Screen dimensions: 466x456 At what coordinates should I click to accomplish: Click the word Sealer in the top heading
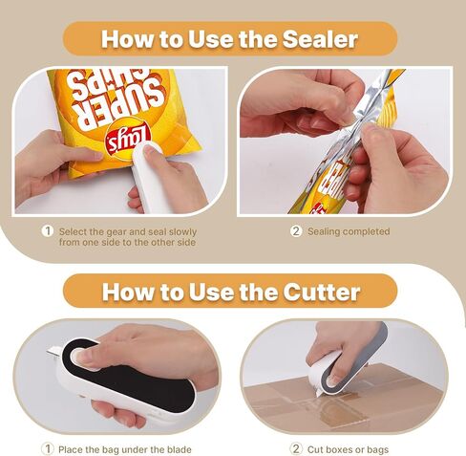tap(320, 39)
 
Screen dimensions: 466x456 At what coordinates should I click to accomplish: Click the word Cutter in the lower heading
tap(322, 292)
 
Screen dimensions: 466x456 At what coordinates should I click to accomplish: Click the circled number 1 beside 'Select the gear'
tap(48, 231)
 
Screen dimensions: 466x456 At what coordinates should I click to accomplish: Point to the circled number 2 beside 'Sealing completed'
tap(296, 231)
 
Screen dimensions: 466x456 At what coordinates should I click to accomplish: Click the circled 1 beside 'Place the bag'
tap(48, 449)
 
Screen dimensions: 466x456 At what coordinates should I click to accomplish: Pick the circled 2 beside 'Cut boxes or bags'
tap(296, 449)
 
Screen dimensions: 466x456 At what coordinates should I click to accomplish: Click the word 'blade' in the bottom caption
tap(179, 449)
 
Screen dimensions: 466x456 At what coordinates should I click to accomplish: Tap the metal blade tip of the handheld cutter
tap(53, 352)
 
